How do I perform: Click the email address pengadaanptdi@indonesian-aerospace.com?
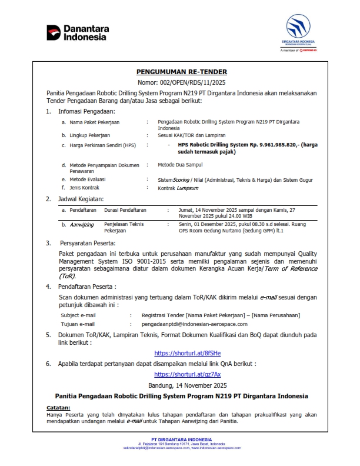[x=203, y=324]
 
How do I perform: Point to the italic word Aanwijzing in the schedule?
[x=82, y=224]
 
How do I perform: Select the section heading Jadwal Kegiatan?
[x=81, y=199]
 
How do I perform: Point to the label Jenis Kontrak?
[x=88, y=188]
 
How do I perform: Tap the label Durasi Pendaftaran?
[x=125, y=209]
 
